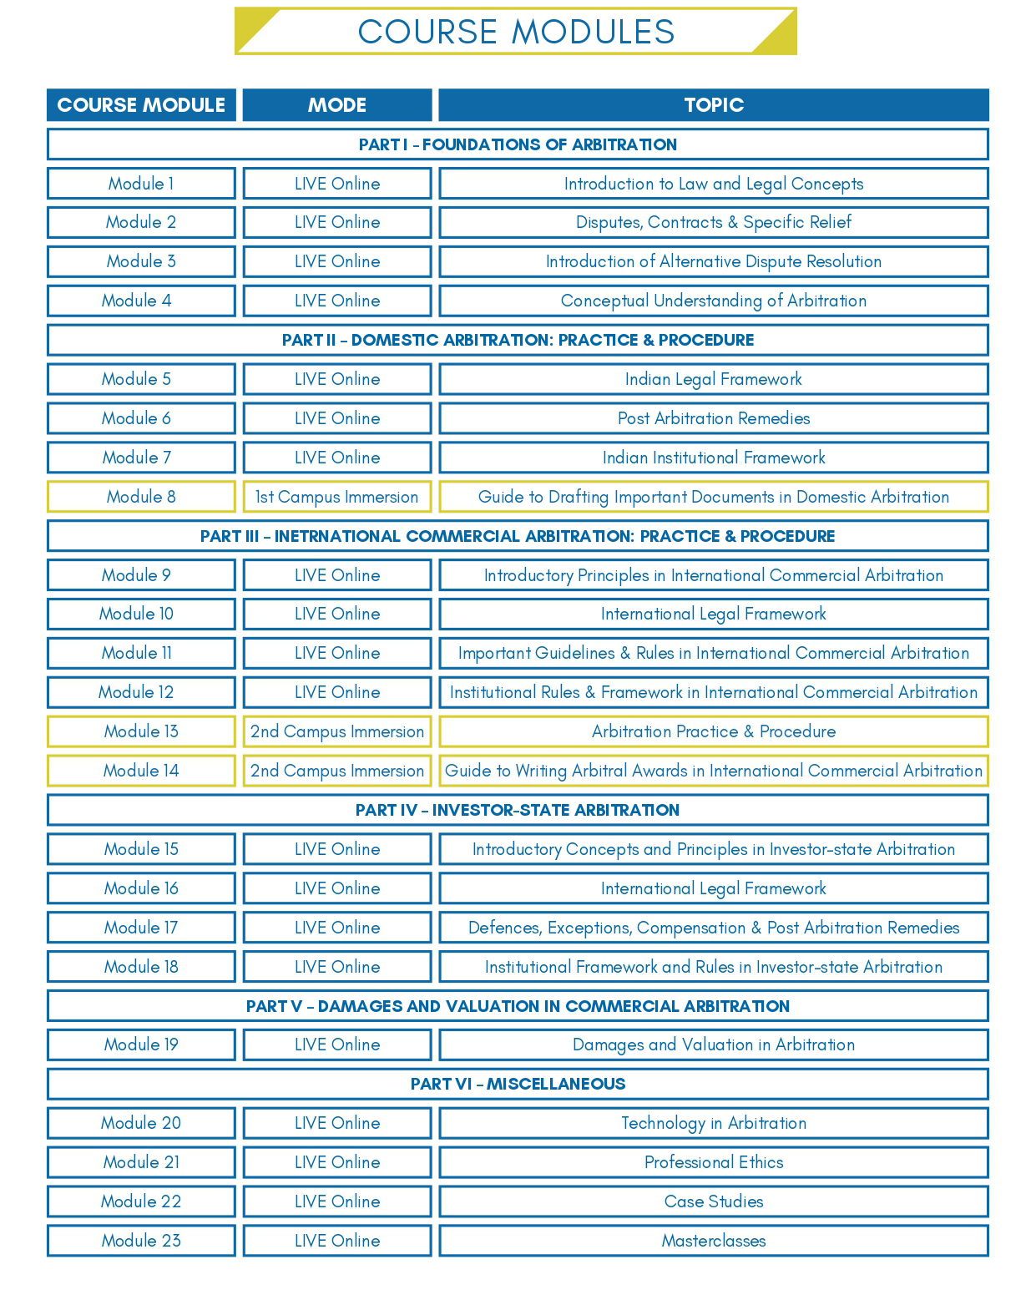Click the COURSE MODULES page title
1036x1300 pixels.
pyautogui.click(x=516, y=32)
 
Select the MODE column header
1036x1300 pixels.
pyautogui.click(x=337, y=105)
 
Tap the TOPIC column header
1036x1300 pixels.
pyautogui.click(x=714, y=105)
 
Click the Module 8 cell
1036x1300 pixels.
pyautogui.click(x=141, y=497)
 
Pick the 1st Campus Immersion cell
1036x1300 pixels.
pyautogui.click(x=337, y=497)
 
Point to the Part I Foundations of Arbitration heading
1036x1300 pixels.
pyautogui.click(x=518, y=144)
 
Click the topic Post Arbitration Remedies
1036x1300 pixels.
pyautogui.click(x=714, y=418)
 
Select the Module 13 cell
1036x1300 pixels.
pyautogui.click(x=141, y=731)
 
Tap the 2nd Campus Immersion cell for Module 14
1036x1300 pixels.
pyautogui.click(x=337, y=771)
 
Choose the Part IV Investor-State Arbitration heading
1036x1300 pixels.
pyautogui.click(x=518, y=810)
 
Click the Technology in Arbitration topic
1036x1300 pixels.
pyautogui.click(x=714, y=1123)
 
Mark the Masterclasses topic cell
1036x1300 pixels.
pyautogui.click(x=714, y=1241)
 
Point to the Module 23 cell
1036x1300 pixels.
pyautogui.click(x=141, y=1241)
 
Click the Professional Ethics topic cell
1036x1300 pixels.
pyautogui.click(x=714, y=1162)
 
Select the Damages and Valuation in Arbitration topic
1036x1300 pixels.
pyautogui.click(x=714, y=1045)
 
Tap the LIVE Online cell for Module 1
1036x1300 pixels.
pyautogui.click(x=337, y=184)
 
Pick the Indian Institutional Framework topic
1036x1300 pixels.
pyautogui.click(x=714, y=458)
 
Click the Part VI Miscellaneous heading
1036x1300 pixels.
pyautogui.click(x=518, y=1084)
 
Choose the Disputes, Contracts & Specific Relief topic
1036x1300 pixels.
pyautogui.click(x=714, y=222)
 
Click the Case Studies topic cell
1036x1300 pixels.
pyautogui.click(x=714, y=1201)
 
